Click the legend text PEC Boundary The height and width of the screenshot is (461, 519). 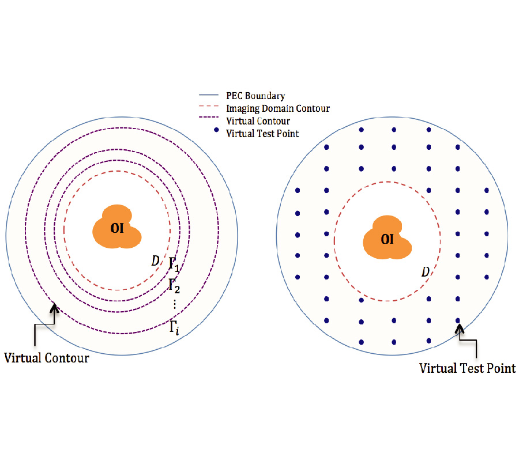[256, 96]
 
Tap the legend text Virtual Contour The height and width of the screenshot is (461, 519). [258, 121]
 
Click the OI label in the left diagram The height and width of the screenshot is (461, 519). [117, 228]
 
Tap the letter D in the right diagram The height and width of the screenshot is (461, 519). [425, 271]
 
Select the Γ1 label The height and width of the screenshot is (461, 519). [174, 266]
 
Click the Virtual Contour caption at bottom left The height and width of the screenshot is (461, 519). [47, 358]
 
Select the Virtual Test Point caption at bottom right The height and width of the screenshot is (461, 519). [467, 368]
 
